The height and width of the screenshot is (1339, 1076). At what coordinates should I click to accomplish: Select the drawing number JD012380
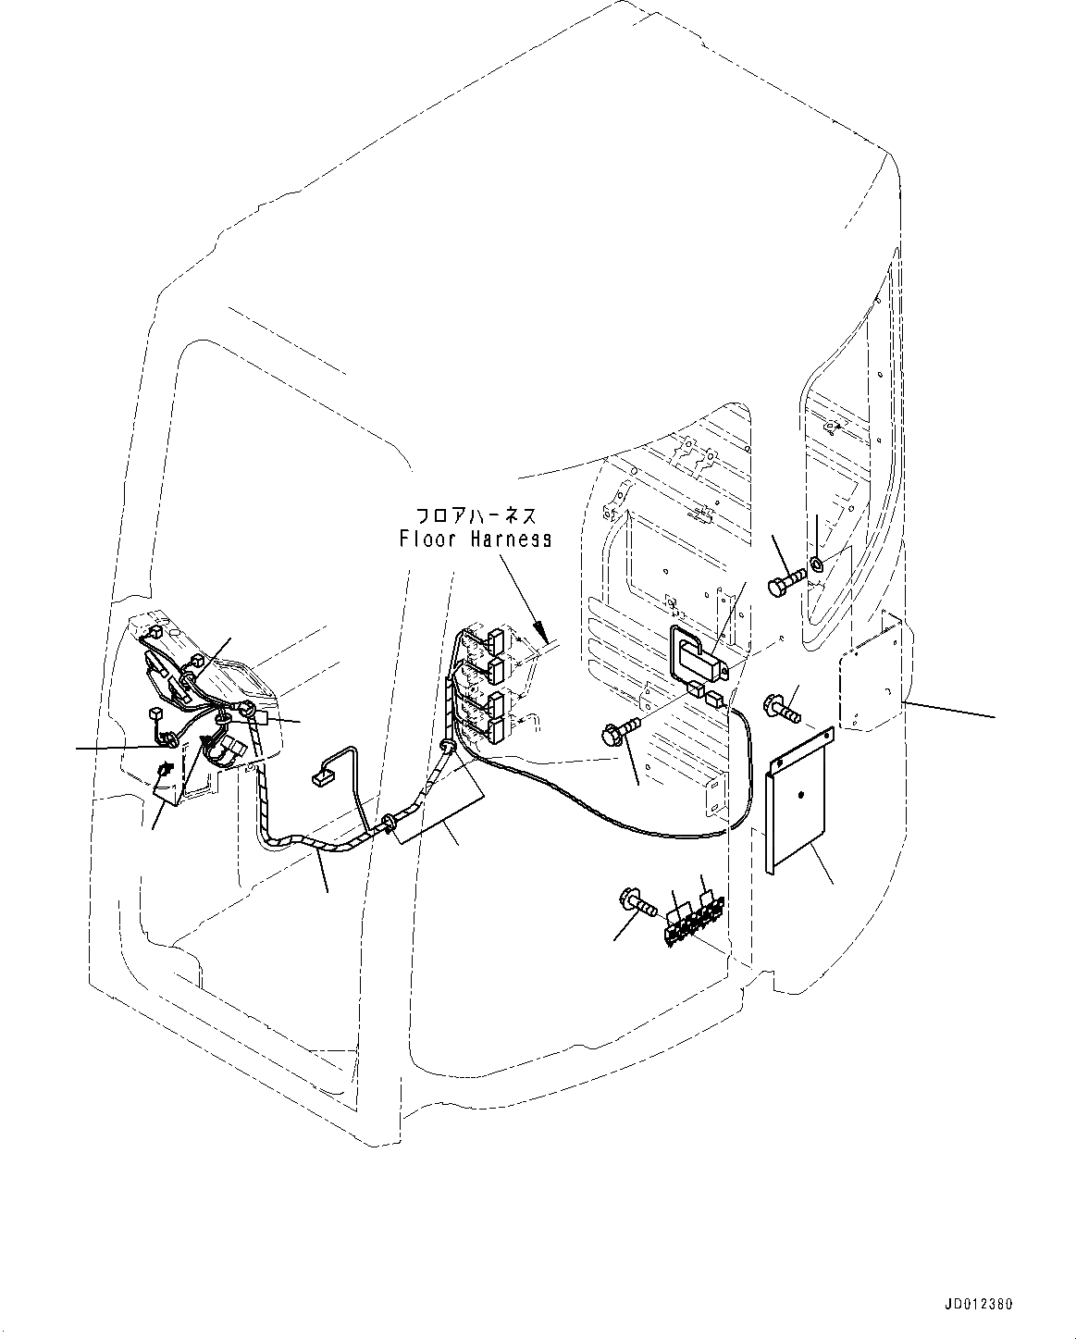(x=978, y=1304)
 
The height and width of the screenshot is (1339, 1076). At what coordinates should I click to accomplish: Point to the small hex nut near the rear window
(x=818, y=564)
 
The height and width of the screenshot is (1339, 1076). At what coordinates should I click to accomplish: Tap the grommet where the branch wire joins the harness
(x=389, y=821)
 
